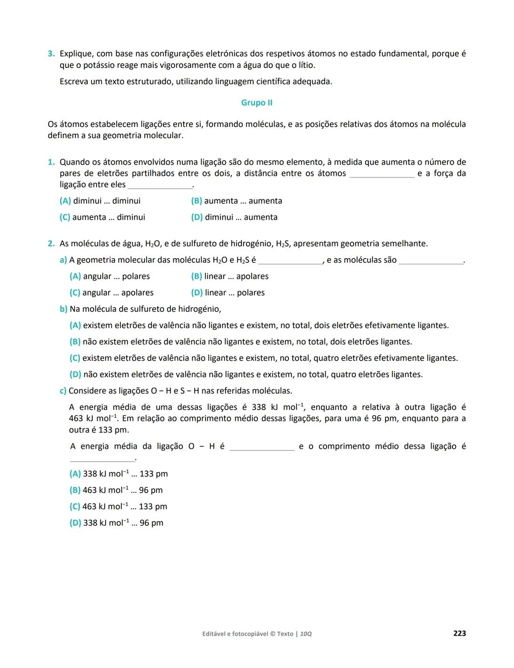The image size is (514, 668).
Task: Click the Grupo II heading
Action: click(x=257, y=103)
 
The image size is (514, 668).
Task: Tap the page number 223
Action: click(x=459, y=633)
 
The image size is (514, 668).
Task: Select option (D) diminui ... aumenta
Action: click(x=234, y=217)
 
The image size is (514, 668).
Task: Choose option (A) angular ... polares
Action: click(x=109, y=276)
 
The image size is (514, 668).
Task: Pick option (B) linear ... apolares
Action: click(x=229, y=276)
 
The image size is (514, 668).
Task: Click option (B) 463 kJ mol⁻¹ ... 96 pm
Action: click(x=116, y=490)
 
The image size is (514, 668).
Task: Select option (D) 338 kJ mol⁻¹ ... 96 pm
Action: click(x=116, y=523)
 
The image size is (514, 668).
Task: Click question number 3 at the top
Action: click(x=51, y=54)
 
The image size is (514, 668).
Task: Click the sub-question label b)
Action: click(x=63, y=309)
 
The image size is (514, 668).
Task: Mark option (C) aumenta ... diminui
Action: click(x=102, y=217)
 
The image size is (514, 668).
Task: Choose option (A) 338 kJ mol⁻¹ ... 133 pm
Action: click(x=119, y=474)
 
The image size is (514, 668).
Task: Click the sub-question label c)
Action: click(x=63, y=391)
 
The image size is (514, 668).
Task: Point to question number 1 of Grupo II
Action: click(x=51, y=162)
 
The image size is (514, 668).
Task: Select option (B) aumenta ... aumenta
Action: click(x=237, y=201)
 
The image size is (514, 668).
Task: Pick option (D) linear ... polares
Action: click(x=227, y=293)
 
